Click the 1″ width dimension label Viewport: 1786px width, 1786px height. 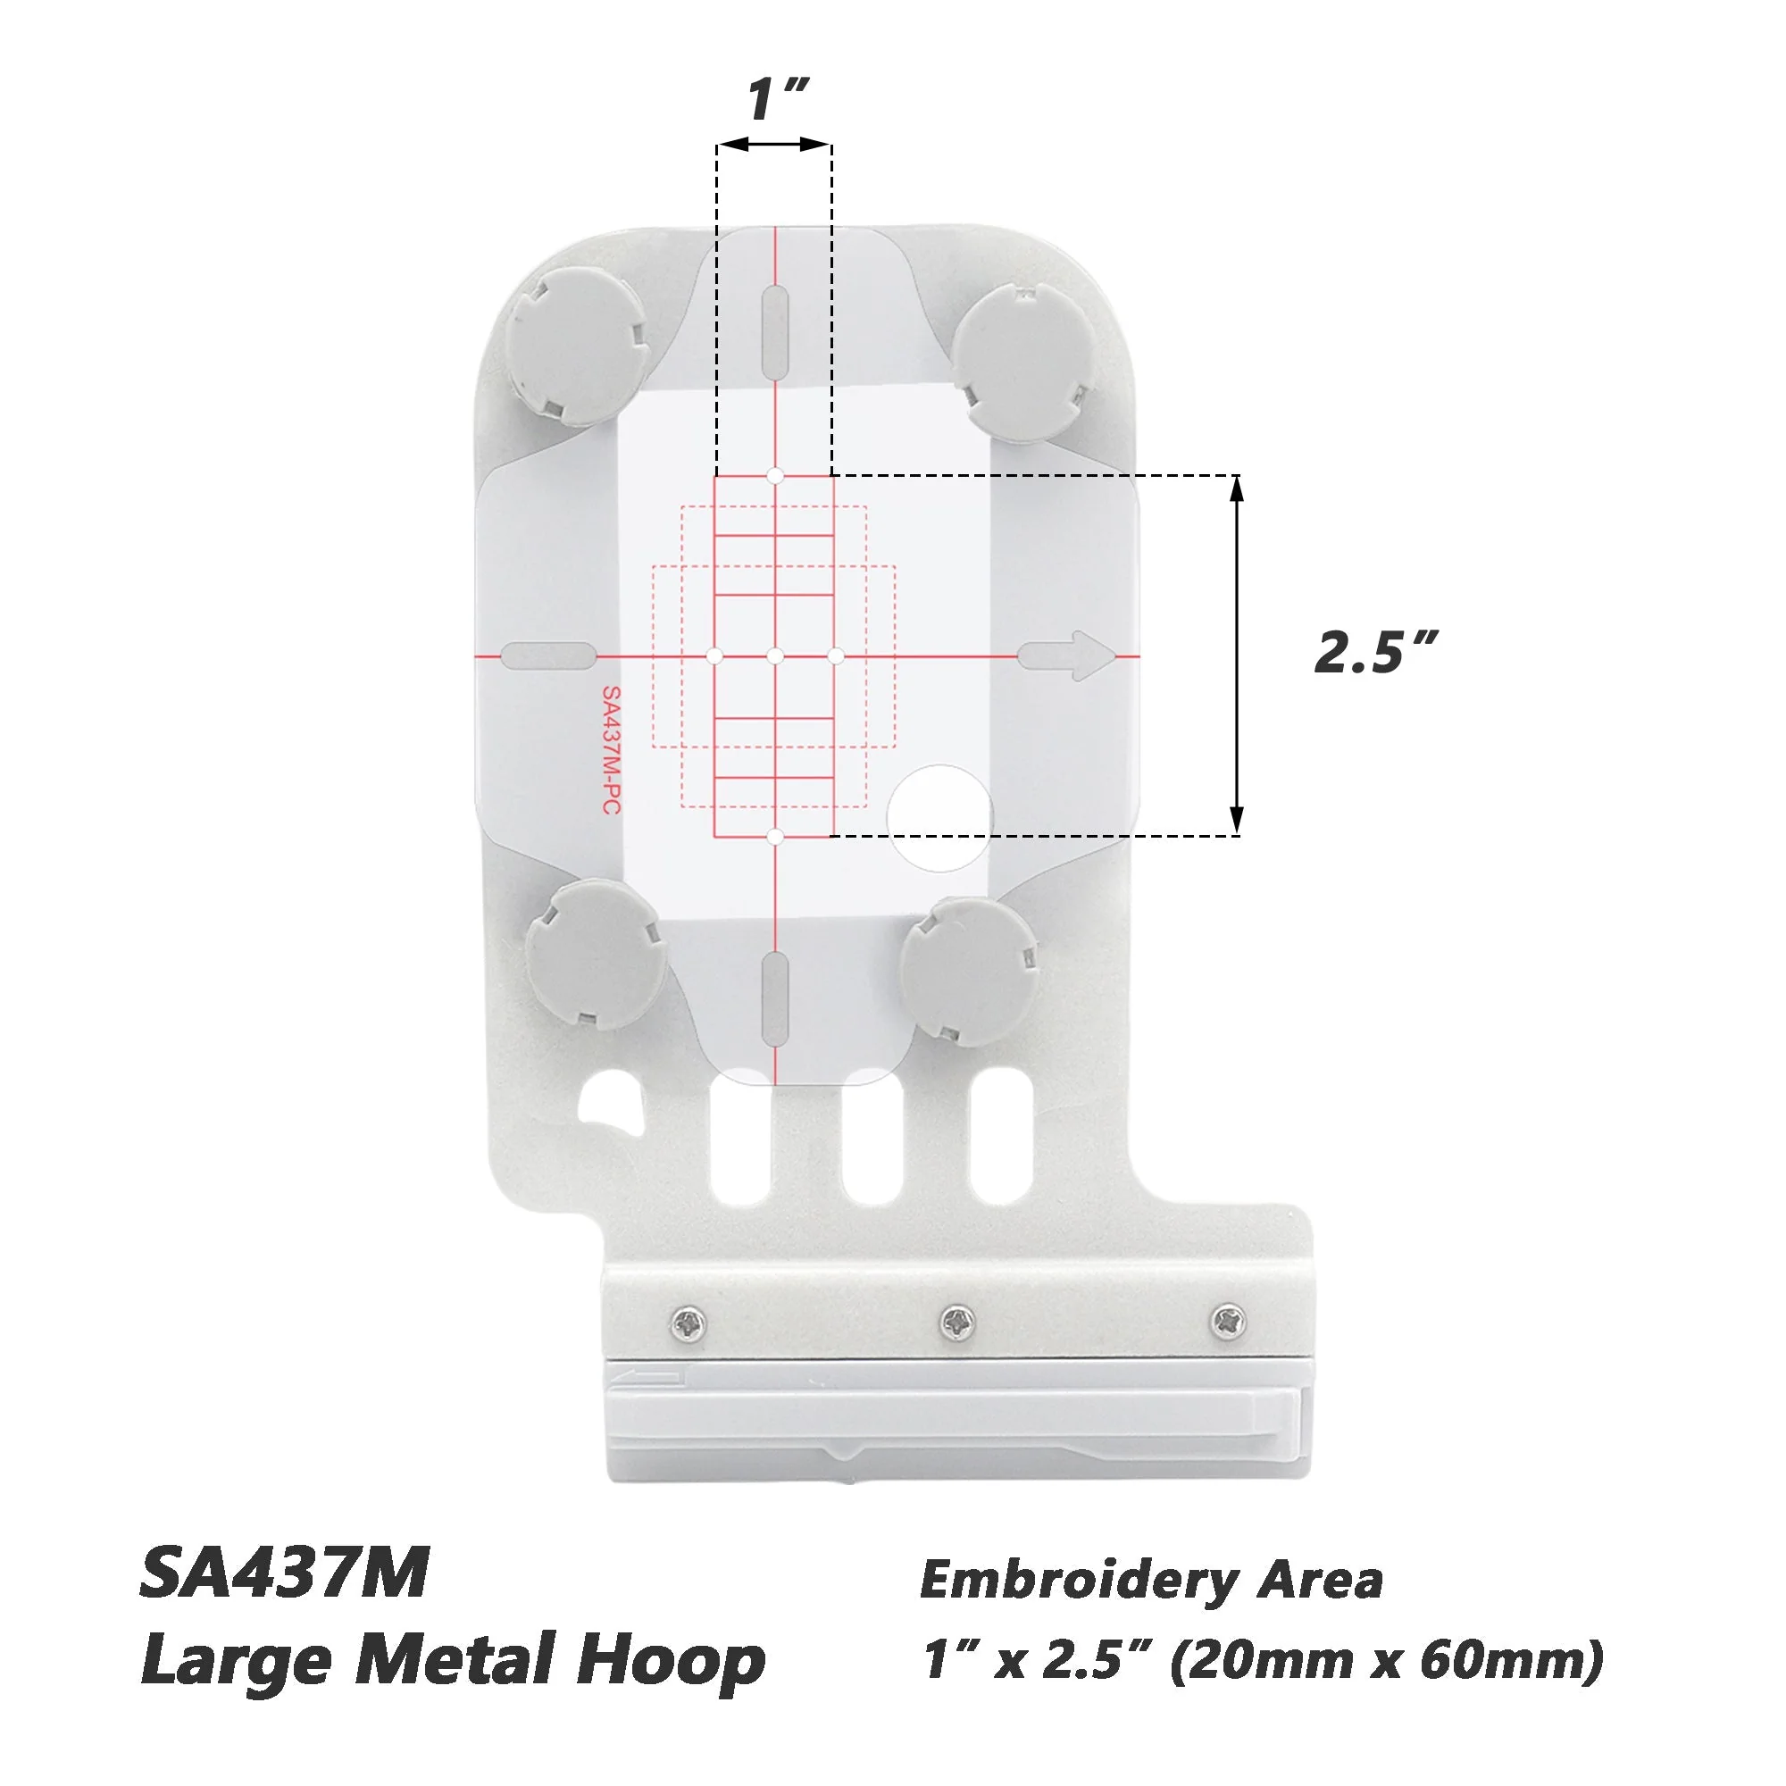[778, 100]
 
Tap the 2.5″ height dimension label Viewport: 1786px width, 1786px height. [1376, 653]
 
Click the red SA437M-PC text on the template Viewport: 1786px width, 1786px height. [610, 750]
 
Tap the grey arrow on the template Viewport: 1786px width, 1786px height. [1068, 655]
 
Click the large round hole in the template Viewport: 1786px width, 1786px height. [940, 818]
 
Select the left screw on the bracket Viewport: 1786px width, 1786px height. [689, 1323]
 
